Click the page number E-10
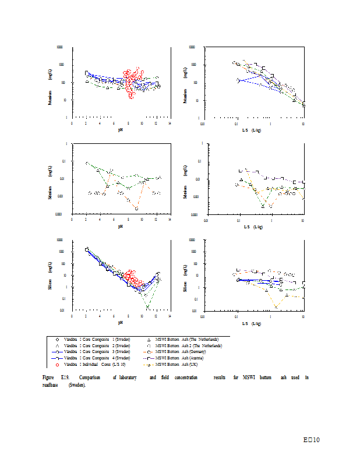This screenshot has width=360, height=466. coord(312,439)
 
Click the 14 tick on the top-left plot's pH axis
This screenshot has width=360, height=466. coord(170,123)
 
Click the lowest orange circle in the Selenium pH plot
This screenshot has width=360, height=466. coord(136,208)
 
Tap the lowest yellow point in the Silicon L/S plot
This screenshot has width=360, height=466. coord(276,306)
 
